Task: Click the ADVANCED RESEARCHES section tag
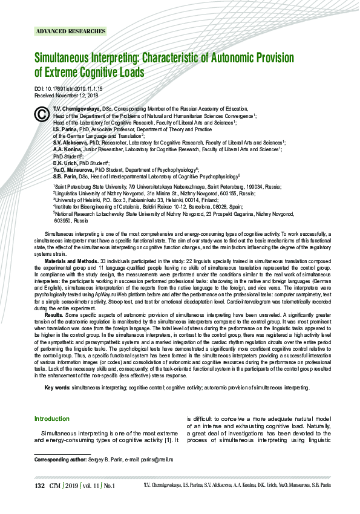pyautogui.click(x=71, y=31)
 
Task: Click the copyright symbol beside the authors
pyautogui.click(x=42, y=114)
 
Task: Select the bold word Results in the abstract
pyautogui.click(x=54, y=315)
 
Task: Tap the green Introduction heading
pyautogui.click(x=52, y=418)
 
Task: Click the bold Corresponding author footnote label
pyautogui.click(x=61, y=460)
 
